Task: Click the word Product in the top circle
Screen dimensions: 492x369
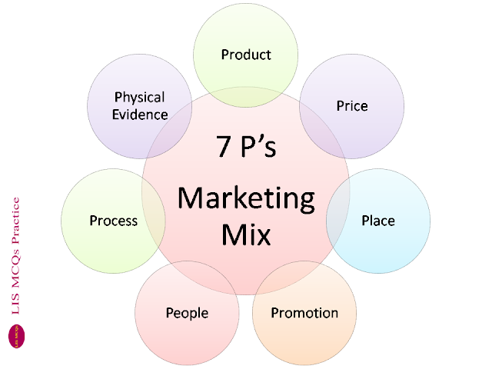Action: click(x=246, y=55)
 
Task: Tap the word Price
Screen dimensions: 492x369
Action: click(x=352, y=106)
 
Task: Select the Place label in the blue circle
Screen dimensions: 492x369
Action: click(x=378, y=221)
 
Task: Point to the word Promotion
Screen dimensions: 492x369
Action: click(x=304, y=313)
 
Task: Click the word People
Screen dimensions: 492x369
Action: click(x=187, y=313)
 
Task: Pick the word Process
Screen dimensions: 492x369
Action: click(x=114, y=221)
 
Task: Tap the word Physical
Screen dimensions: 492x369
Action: click(x=139, y=98)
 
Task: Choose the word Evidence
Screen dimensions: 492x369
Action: click(x=140, y=115)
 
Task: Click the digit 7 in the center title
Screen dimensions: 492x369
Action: click(x=224, y=146)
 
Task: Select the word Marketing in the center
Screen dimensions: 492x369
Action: click(x=246, y=199)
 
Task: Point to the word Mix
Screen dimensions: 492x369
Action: click(x=246, y=234)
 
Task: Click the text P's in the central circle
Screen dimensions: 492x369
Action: click(x=258, y=146)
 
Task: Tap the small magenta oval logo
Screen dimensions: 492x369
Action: click(x=16, y=336)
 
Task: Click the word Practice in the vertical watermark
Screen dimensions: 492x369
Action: click(x=15, y=221)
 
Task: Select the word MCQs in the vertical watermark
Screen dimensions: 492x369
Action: click(x=15, y=269)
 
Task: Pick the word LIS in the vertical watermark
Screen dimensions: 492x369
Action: click(x=15, y=304)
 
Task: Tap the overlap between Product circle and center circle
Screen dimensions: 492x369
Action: click(x=246, y=98)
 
